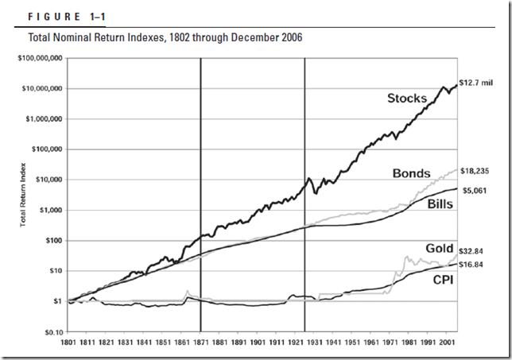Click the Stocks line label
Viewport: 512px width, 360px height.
click(x=407, y=99)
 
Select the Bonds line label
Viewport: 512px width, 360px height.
click(x=411, y=173)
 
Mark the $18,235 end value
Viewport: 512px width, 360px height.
click(x=475, y=171)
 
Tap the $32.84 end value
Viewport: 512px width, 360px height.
click(x=474, y=250)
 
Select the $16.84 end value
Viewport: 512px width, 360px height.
click(x=474, y=265)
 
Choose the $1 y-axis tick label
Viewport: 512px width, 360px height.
click(x=58, y=301)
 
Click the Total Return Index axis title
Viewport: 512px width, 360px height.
click(x=24, y=195)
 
